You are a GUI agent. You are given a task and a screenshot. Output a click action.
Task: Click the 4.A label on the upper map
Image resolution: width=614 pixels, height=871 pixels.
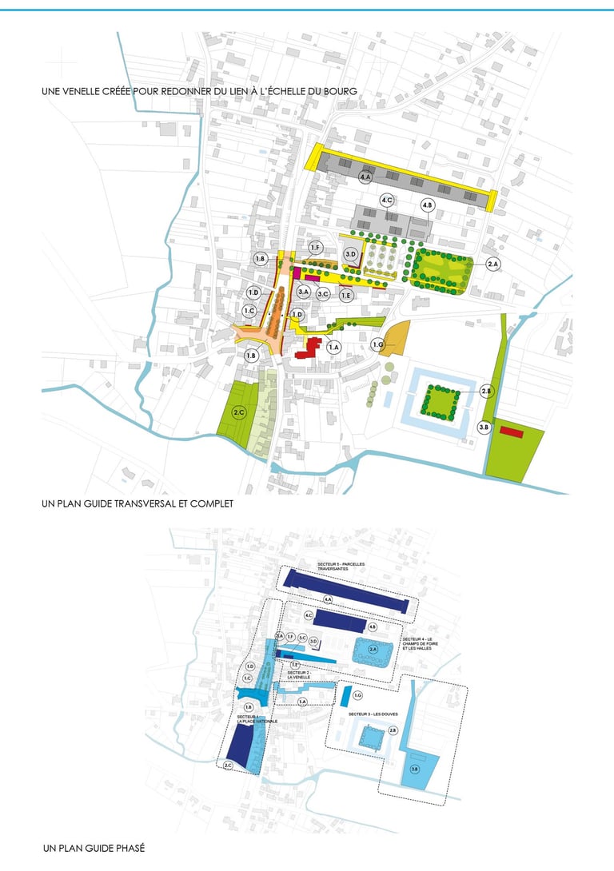pos(366,177)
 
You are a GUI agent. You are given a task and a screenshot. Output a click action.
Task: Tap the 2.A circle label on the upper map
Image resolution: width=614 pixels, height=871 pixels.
pos(492,264)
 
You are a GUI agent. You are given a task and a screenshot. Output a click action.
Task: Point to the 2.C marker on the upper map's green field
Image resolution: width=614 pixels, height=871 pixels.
pos(238,412)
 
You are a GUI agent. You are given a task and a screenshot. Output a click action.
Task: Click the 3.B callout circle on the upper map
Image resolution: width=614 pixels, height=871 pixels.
pos(484,428)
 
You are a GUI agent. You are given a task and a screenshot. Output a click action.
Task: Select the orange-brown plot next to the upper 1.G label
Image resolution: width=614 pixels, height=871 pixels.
pos(397,338)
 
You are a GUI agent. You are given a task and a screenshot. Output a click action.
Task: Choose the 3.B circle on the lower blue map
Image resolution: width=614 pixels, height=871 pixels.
pos(414,769)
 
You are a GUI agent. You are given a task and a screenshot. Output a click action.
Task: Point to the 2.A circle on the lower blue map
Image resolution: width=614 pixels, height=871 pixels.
pos(373,650)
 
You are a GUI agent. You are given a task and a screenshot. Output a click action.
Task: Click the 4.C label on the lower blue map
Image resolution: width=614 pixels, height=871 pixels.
pos(309,615)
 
